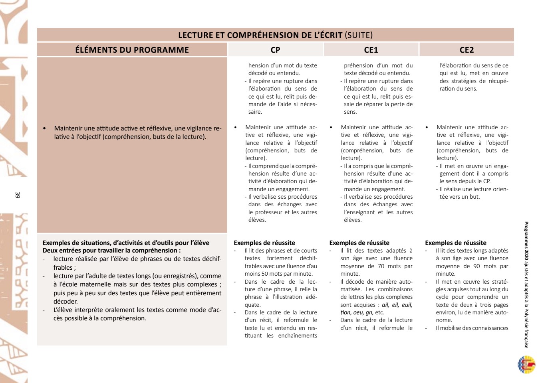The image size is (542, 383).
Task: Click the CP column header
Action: tap(275, 50)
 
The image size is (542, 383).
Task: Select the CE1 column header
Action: tap(371, 50)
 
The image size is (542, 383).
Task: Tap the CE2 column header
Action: tap(467, 50)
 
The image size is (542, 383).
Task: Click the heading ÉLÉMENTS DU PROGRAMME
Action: tap(132, 50)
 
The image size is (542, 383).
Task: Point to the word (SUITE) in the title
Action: tap(358, 35)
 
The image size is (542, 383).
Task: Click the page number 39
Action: tap(17, 195)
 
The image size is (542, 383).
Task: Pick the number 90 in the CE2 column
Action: tap(476, 266)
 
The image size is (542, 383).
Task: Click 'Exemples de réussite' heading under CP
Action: tap(264, 243)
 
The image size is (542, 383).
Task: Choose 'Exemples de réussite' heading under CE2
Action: tap(456, 243)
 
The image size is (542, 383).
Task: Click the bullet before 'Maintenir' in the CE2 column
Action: tap(427, 128)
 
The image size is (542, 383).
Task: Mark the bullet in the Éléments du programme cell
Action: tap(45, 128)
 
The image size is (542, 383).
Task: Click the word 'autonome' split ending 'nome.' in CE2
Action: tap(444, 320)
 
